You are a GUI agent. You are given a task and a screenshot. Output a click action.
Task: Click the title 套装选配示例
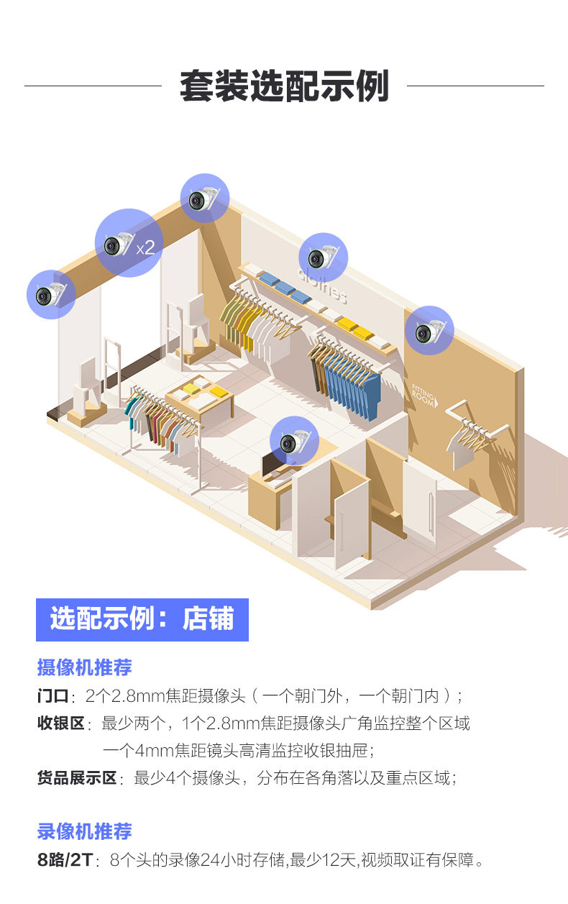click(284, 86)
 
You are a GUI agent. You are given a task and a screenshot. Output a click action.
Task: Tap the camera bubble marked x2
click(129, 243)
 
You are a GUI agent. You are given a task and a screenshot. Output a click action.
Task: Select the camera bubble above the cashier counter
click(294, 441)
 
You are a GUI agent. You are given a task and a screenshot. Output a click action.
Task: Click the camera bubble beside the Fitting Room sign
click(429, 330)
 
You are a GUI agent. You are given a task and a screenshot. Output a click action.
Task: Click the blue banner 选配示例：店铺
click(142, 619)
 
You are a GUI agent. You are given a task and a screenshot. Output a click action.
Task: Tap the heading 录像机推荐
click(84, 831)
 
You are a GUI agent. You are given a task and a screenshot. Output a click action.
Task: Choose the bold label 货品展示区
click(76, 777)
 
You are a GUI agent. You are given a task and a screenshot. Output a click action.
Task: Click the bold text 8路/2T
click(65, 859)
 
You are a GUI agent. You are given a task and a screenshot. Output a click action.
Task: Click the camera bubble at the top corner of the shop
click(204, 198)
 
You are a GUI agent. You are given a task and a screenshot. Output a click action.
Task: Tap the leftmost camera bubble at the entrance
click(51, 293)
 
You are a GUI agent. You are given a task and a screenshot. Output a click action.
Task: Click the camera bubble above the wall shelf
click(323, 257)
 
